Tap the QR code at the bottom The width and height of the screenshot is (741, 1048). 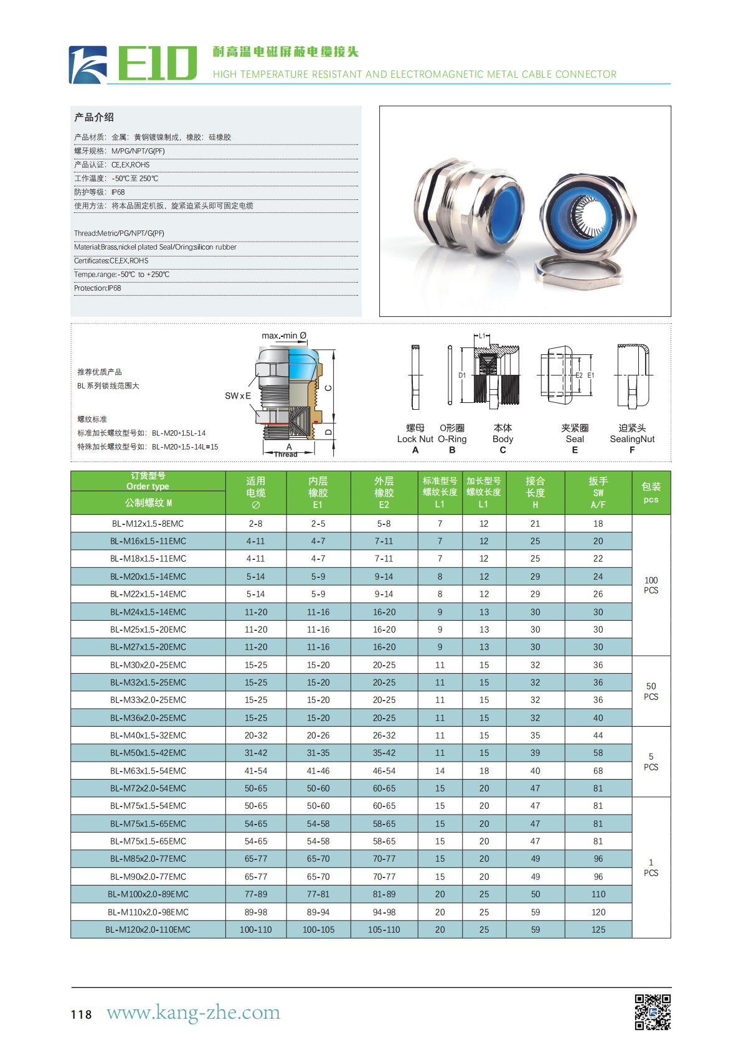[x=652, y=1011]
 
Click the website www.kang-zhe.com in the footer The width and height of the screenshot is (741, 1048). [x=193, y=1013]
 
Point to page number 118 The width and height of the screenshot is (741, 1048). [x=81, y=1014]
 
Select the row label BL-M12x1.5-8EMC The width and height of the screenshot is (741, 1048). [x=148, y=524]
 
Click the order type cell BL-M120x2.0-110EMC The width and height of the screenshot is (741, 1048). [x=148, y=930]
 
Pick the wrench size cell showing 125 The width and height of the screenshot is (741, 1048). [x=598, y=930]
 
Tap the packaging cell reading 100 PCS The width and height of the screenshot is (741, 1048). [x=651, y=585]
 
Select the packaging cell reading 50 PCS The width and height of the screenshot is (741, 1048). [x=651, y=691]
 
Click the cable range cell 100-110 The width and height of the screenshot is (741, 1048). [x=255, y=930]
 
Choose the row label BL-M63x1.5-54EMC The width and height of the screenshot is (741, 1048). [x=148, y=771]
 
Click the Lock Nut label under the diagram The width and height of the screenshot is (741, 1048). [x=415, y=439]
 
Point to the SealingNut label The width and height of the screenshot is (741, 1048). [x=632, y=439]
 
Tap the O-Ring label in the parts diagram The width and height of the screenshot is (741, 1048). [x=452, y=439]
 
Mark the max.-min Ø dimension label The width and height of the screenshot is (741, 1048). [x=284, y=336]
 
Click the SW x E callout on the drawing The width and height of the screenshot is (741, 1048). [x=238, y=395]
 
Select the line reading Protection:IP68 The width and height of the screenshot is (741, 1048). [x=98, y=288]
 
